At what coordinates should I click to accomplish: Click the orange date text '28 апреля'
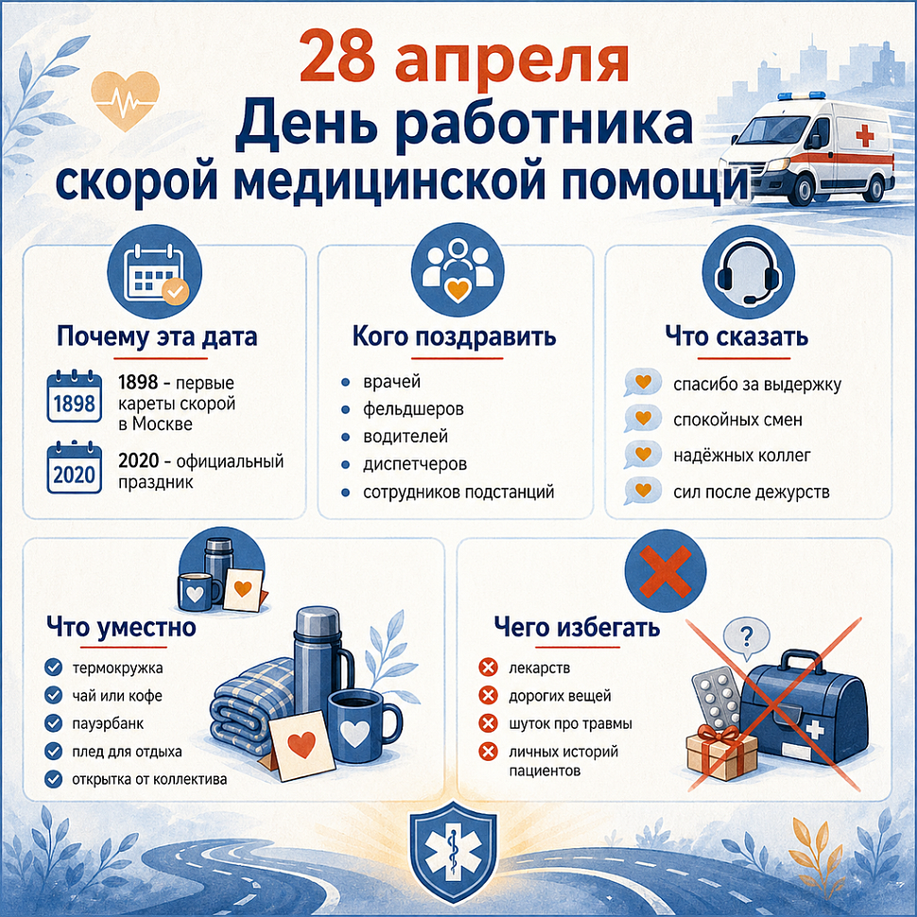[x=463, y=60]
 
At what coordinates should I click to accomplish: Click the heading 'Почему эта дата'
[x=157, y=337]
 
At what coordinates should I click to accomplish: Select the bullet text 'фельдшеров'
[x=413, y=410]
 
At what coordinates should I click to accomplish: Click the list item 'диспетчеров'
[x=415, y=465]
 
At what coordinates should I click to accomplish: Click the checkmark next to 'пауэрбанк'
[x=54, y=724]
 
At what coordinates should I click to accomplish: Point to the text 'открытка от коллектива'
[x=149, y=780]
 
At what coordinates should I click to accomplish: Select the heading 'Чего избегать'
[x=577, y=628]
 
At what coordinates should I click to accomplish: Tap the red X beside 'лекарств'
[x=489, y=669]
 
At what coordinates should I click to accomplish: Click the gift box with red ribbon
[x=721, y=751]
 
